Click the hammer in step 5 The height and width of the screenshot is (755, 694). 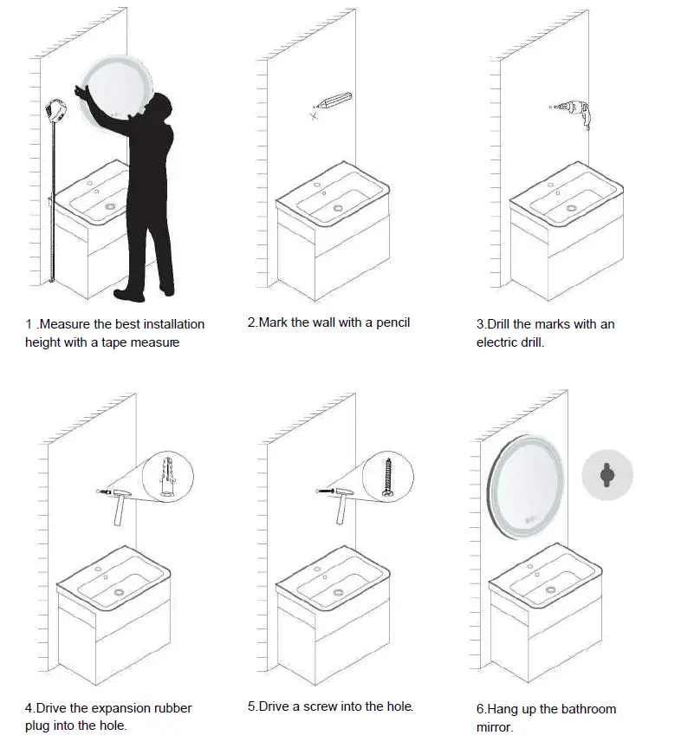tap(338, 502)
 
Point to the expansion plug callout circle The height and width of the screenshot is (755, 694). tap(168, 477)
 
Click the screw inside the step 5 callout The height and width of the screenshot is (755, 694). tap(389, 478)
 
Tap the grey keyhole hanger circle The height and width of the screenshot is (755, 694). tap(607, 475)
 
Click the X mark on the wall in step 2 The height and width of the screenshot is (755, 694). tap(314, 115)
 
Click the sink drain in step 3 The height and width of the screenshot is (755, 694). tap(571, 208)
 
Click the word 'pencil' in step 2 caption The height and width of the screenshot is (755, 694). tap(391, 322)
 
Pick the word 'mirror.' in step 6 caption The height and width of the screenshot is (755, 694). tap(495, 727)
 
